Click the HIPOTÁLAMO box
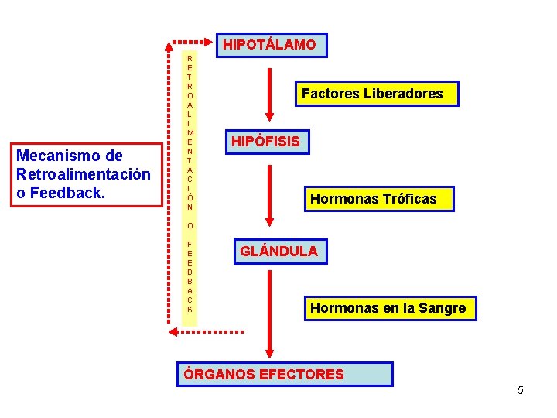270,45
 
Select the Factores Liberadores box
372,94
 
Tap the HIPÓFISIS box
265,142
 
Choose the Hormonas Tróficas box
374,199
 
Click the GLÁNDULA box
278,252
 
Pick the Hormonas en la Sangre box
388,308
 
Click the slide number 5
521,390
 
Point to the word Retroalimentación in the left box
83,173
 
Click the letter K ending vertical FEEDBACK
190,309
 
